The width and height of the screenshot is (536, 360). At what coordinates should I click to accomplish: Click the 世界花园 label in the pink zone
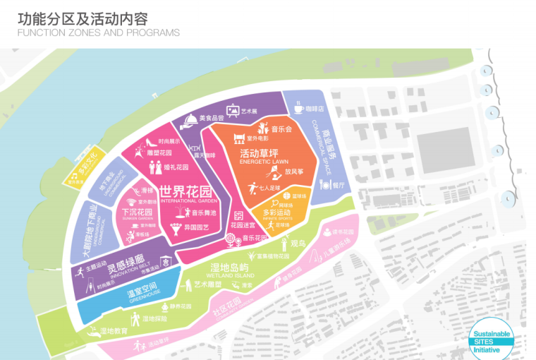(x=185, y=191)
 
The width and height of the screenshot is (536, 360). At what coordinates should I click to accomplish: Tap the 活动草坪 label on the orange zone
(x=259, y=153)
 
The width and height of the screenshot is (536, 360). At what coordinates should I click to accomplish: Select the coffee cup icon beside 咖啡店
(x=299, y=109)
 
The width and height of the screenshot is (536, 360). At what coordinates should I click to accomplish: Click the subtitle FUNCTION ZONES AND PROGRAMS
(x=98, y=32)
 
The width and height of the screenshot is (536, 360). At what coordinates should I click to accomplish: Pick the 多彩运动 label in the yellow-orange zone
(x=276, y=212)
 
